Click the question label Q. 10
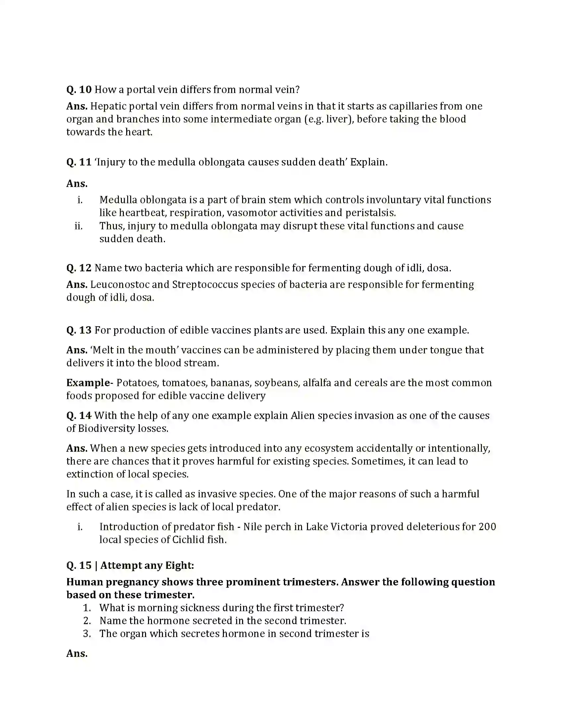(x=79, y=90)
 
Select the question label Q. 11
(x=79, y=162)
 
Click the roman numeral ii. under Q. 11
(x=79, y=226)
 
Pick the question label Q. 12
(x=79, y=268)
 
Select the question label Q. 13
(x=79, y=330)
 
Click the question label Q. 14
(x=79, y=416)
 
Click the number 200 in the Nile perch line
(x=487, y=527)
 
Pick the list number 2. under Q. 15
(x=87, y=621)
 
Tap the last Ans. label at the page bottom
(x=77, y=653)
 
